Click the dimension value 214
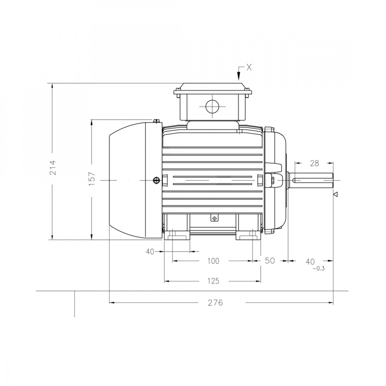point(53,168)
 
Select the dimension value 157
point(91,179)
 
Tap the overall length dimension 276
point(215,303)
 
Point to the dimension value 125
point(213,281)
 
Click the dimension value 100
point(213,261)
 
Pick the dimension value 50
point(269,261)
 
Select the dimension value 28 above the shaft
point(314,163)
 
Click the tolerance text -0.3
point(318,269)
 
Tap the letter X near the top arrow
point(249,68)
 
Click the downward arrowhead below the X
point(239,76)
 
